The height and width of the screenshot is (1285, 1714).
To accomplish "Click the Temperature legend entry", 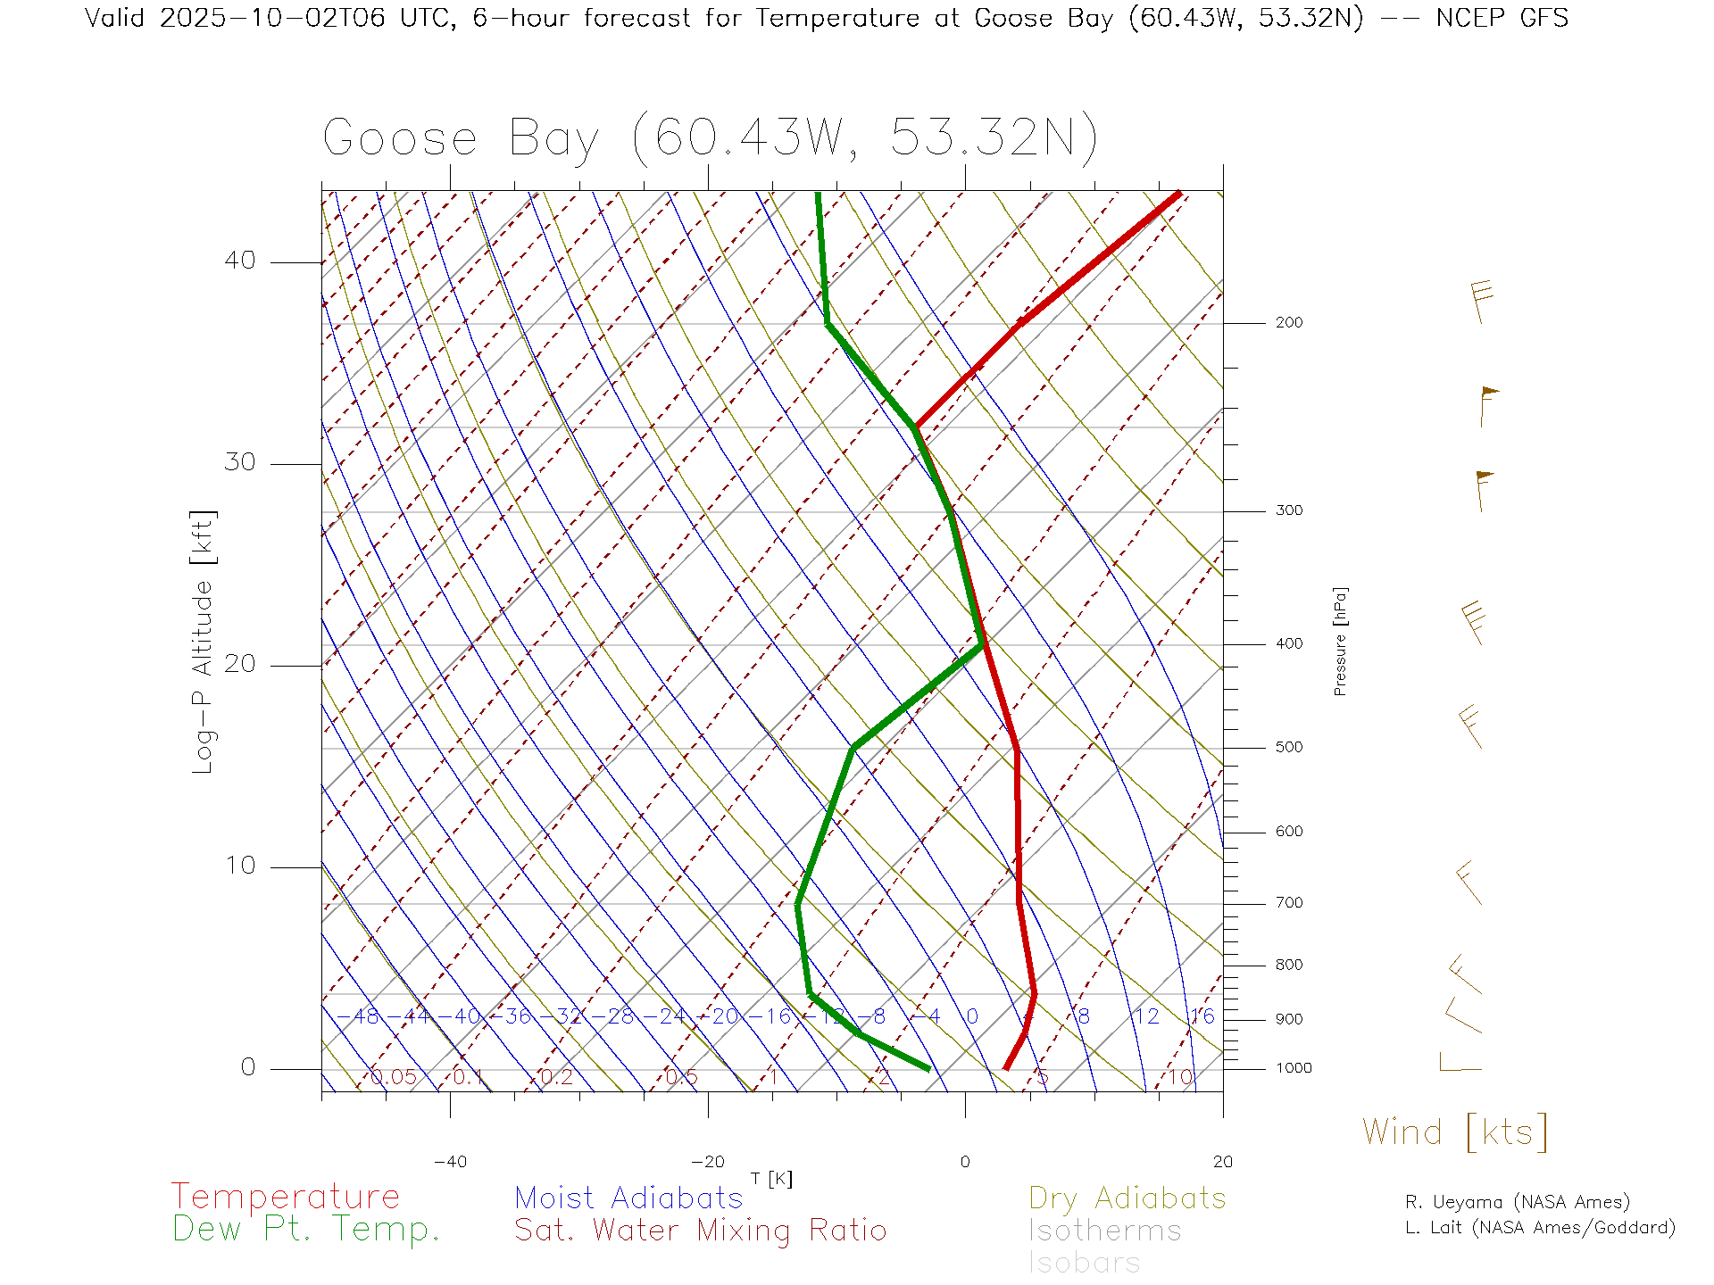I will [286, 1196].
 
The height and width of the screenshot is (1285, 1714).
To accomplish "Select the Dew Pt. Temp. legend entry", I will [306, 1230].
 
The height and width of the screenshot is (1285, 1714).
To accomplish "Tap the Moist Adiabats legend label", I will [628, 1198].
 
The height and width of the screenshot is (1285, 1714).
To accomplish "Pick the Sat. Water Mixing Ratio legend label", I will [700, 1231].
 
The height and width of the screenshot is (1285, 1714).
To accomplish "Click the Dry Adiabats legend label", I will [1127, 1198].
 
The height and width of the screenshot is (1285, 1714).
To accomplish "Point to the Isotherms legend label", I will [1104, 1231].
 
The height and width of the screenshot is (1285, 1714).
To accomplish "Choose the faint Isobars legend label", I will [1084, 1263].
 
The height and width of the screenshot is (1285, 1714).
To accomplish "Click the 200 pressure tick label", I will [1288, 323].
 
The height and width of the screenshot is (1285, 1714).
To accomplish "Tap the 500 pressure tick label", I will [1288, 748].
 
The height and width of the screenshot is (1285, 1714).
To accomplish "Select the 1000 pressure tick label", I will [1294, 1068].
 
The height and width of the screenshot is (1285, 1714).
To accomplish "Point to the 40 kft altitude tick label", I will [239, 261].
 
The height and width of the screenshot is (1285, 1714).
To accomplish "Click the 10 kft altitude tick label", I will [239, 866].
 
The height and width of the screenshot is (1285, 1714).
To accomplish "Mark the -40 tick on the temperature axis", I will [450, 1162].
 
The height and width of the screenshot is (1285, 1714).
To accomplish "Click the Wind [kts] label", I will [1455, 1132].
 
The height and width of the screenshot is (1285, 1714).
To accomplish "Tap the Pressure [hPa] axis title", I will [1340, 641].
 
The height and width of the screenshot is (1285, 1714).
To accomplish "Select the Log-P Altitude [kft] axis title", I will [204, 642].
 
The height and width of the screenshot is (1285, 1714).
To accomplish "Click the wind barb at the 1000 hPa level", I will [1459, 1064].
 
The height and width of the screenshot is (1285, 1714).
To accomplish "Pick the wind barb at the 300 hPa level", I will [1482, 490].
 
